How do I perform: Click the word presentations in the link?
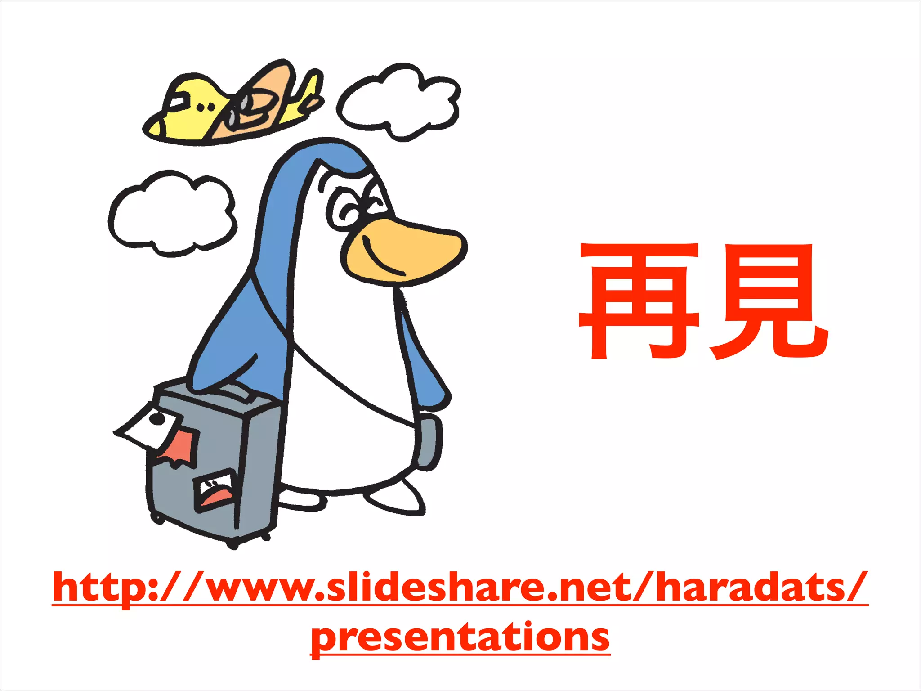coord(460,637)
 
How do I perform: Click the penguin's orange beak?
coord(405,250)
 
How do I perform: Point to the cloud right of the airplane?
coord(398,101)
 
